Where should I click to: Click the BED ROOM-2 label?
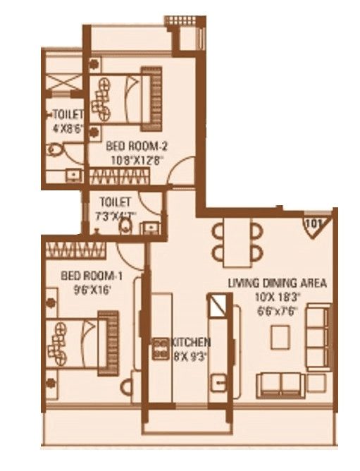coord(135,147)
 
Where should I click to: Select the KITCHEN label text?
coord(190,343)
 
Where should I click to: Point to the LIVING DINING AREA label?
coord(277,283)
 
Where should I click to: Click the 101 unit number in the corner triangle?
coord(314,226)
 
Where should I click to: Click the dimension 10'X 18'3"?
coord(277,297)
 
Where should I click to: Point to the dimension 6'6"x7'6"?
coord(276,310)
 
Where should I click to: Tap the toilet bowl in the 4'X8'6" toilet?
coord(56,149)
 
